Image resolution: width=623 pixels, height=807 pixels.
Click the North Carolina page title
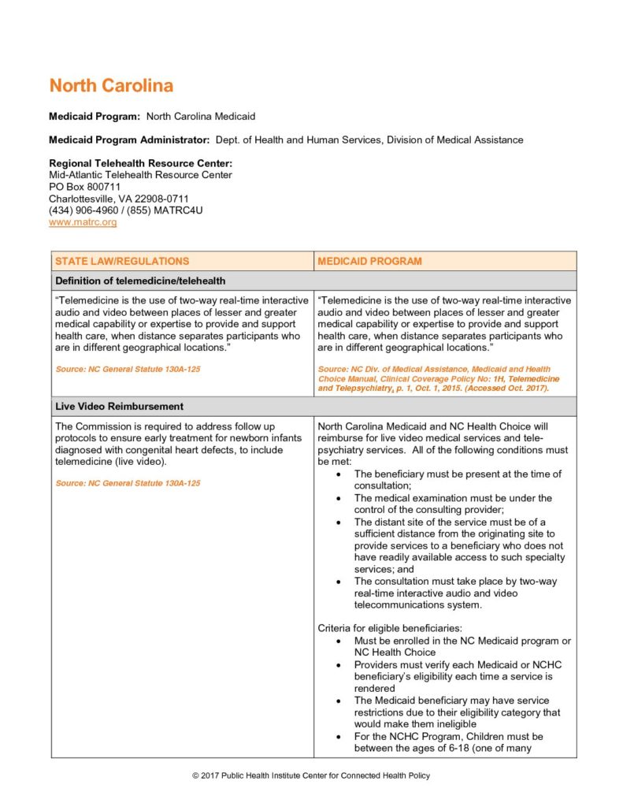(x=111, y=86)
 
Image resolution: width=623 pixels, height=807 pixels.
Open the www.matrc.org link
(x=83, y=222)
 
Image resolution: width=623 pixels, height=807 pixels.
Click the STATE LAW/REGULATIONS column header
(x=121, y=261)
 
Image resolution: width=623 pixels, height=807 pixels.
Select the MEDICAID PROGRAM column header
(x=369, y=261)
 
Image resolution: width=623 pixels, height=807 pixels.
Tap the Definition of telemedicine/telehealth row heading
(x=140, y=281)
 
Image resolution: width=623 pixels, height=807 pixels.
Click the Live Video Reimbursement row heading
(x=119, y=407)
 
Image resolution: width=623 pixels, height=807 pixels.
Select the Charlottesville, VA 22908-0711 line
(x=118, y=199)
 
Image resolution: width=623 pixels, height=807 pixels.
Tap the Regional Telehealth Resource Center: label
(x=140, y=163)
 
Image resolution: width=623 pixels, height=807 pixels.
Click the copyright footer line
(x=311, y=776)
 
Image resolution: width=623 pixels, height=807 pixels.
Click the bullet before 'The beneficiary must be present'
(x=338, y=474)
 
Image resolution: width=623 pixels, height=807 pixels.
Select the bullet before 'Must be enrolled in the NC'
(x=338, y=641)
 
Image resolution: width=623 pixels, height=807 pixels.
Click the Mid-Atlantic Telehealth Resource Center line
(x=140, y=175)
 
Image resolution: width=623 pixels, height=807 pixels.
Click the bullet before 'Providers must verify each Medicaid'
(x=338, y=665)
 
